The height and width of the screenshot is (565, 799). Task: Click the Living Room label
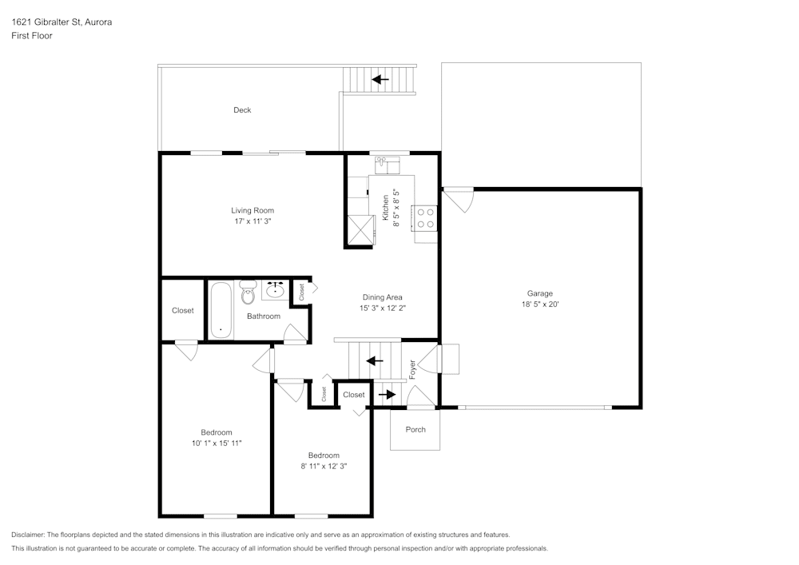coord(252,211)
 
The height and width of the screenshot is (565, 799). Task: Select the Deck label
coord(242,110)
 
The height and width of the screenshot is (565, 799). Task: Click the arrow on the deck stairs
coord(380,79)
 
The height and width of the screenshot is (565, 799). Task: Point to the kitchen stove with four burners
coord(425,218)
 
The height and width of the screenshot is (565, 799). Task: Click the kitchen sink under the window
coord(387,165)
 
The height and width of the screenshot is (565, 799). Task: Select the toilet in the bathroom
coord(248,292)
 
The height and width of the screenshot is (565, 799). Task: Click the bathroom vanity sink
coord(276,289)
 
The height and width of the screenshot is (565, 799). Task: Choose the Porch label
coord(415,430)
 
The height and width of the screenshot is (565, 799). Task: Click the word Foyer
coord(412,368)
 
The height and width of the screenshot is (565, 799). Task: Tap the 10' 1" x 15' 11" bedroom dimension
coord(217,443)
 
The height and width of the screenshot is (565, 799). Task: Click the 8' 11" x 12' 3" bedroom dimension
coord(324,466)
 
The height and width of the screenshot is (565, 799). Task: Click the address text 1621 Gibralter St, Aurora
coord(62,22)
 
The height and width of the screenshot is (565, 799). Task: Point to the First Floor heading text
coord(32,36)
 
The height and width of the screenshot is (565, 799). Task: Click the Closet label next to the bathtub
coord(183,311)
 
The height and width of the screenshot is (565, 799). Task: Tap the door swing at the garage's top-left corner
coord(459,199)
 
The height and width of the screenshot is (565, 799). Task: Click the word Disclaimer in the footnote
coord(29,535)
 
